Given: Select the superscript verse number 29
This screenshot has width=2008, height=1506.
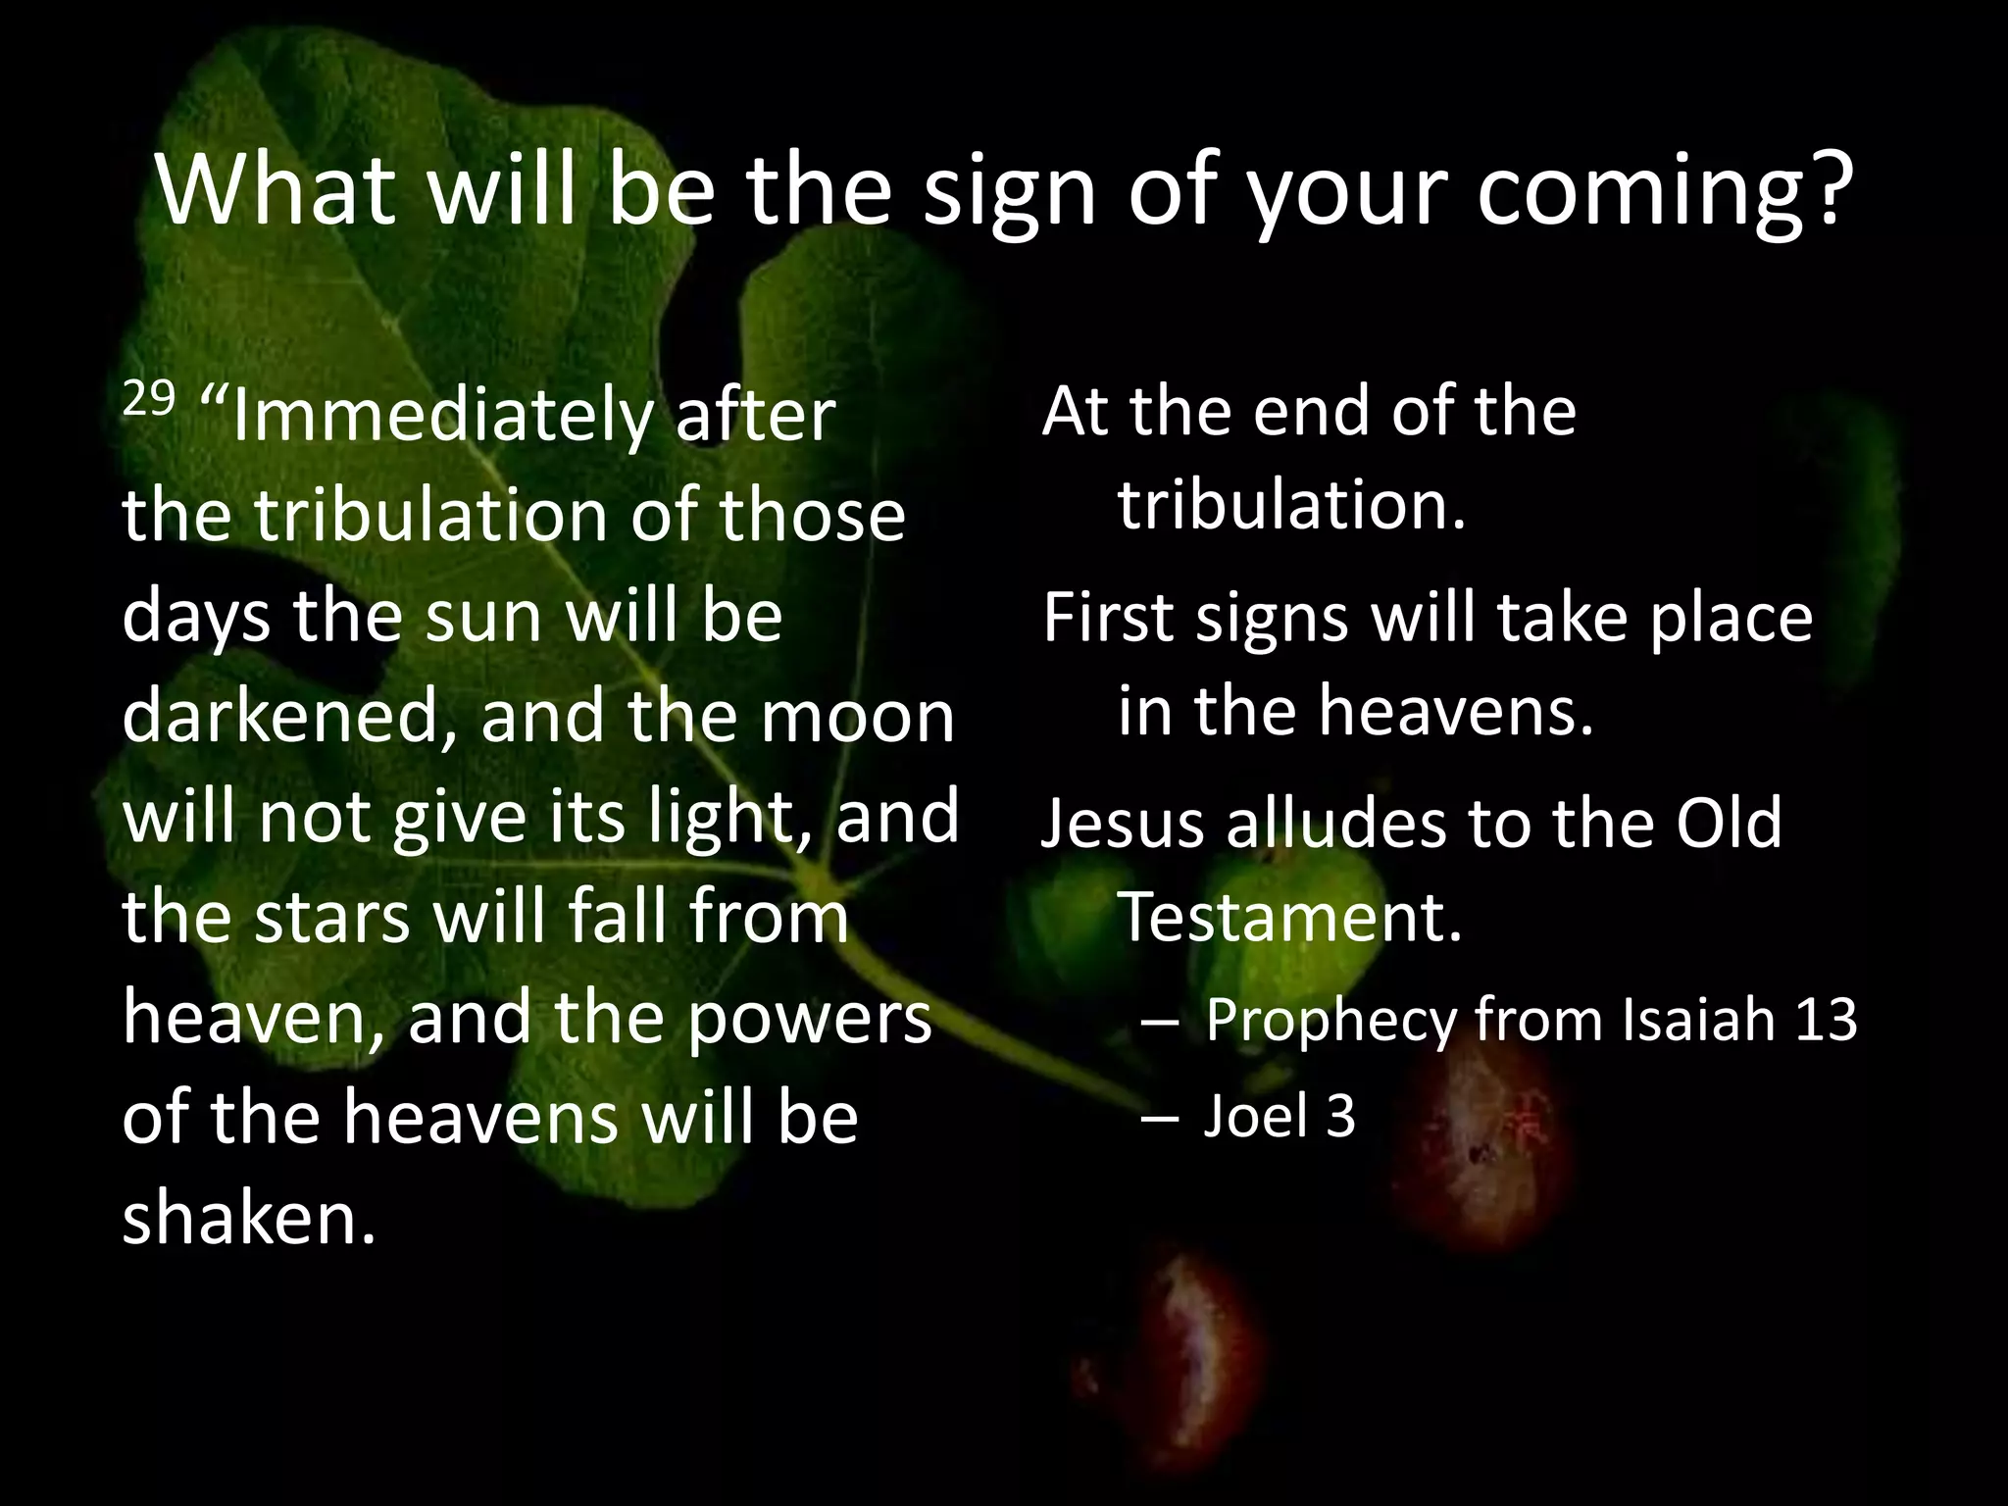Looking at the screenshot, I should point(148,398).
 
